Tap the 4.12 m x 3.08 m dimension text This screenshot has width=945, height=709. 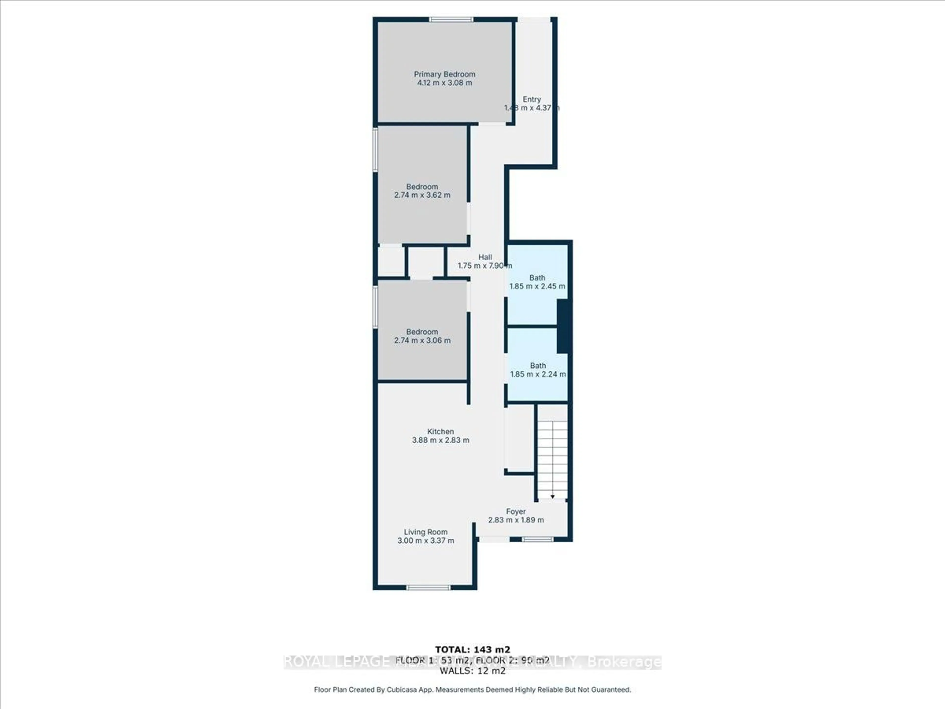(x=444, y=83)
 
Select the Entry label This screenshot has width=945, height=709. (x=532, y=99)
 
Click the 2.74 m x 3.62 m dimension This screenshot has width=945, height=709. (x=422, y=195)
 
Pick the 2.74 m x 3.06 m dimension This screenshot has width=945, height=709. (x=422, y=341)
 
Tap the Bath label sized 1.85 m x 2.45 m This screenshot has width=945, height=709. (x=537, y=278)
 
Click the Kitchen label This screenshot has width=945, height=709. (x=441, y=432)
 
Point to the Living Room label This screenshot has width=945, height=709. (x=425, y=532)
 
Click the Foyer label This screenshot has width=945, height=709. (x=516, y=512)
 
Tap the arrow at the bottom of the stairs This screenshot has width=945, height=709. (x=552, y=497)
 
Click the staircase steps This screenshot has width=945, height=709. (x=552, y=457)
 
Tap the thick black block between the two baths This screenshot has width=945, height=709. (x=563, y=326)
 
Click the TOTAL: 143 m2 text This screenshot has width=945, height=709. (x=472, y=650)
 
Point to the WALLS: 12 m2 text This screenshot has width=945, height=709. (x=472, y=671)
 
